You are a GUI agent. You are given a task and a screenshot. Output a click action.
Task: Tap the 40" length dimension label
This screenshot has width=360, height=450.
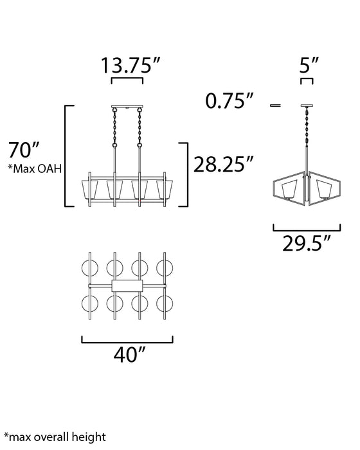127,354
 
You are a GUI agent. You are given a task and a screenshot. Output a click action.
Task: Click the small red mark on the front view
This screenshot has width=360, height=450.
139,201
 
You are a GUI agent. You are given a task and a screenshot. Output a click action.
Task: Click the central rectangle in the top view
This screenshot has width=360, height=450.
127,286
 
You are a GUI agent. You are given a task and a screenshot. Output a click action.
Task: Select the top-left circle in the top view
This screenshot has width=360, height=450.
91,268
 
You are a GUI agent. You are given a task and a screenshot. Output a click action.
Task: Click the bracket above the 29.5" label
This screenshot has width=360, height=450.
307,226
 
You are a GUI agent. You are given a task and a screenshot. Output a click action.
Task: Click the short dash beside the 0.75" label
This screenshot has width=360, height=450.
277,104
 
